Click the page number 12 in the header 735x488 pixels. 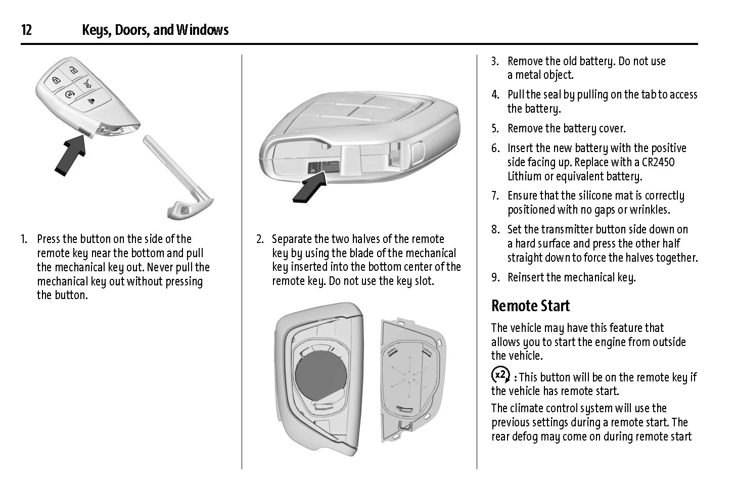click(26, 30)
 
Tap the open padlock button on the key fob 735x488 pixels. click(74, 70)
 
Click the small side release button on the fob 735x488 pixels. click(85, 132)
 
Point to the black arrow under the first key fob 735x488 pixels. click(70, 157)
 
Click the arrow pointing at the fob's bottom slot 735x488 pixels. click(309, 187)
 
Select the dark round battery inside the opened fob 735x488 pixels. click(320, 376)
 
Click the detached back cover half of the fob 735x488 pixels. click(412, 376)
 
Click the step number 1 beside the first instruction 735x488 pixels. click(24, 239)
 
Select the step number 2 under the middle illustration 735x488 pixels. click(259, 239)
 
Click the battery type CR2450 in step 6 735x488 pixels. click(656, 162)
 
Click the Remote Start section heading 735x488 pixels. click(530, 306)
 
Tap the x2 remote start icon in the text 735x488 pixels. click(500, 375)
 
